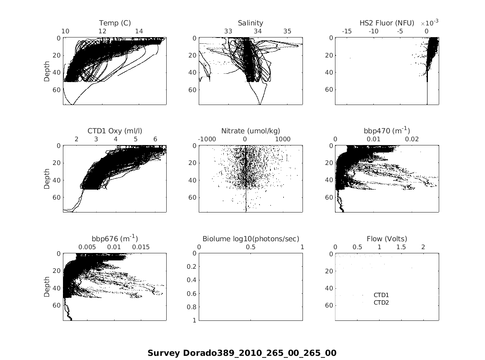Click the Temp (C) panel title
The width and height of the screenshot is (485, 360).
(115, 23)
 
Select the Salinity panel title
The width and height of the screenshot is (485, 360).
(250, 23)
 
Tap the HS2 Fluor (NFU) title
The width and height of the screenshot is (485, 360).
(387, 23)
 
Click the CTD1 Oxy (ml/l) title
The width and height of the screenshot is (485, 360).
(115, 131)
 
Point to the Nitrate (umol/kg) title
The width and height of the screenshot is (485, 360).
(250, 131)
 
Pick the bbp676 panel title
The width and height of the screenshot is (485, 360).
(115, 238)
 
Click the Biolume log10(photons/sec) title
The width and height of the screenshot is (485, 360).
(251, 239)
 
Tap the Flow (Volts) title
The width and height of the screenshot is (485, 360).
(387, 239)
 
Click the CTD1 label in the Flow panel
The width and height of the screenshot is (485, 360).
(381, 295)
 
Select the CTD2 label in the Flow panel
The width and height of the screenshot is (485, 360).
(381, 302)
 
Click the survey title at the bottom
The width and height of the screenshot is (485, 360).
(242, 353)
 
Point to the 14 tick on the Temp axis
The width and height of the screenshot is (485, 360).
(139, 31)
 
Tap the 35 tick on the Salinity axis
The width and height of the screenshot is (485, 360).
(287, 31)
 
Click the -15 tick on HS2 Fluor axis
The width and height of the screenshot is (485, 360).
(347, 31)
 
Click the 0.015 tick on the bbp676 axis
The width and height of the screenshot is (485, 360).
(141, 247)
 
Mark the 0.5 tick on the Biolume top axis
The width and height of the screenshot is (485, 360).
(251, 247)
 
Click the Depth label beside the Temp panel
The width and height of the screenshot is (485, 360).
(47, 71)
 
